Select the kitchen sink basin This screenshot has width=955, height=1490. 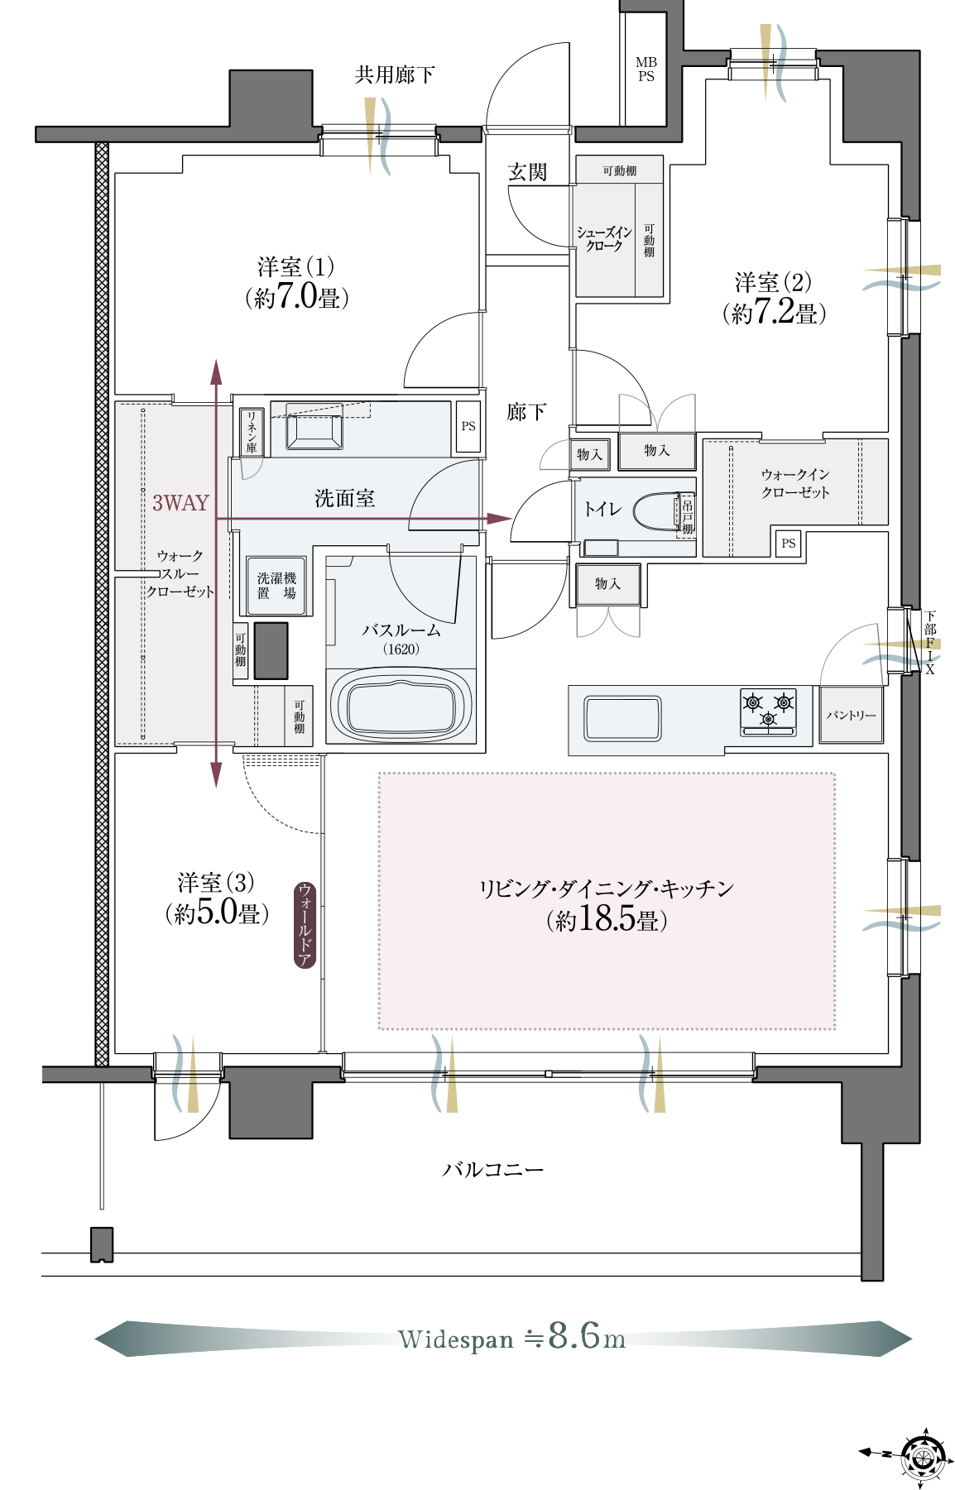[622, 718]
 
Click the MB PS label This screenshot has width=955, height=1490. [646, 69]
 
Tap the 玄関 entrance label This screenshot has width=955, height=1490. [527, 172]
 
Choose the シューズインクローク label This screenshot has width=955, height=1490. [604, 238]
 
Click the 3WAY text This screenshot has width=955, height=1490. [180, 502]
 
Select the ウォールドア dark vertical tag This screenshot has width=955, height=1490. [305, 924]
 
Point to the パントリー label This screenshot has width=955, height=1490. [851, 715]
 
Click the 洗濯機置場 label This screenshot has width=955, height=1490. [276, 586]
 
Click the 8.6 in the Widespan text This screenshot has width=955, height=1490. [574, 1335]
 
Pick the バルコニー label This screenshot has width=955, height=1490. [493, 1169]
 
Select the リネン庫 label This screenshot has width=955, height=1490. [252, 431]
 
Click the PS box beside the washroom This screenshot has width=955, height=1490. [468, 426]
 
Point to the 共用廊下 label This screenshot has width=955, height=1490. [395, 75]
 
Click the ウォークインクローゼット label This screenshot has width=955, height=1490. [795, 483]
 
